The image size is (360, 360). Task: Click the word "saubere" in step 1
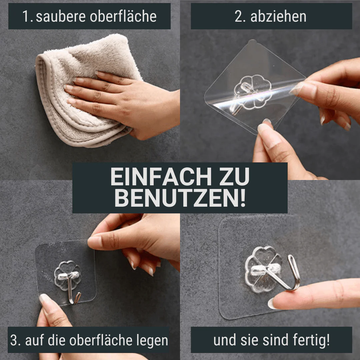coord(61,17)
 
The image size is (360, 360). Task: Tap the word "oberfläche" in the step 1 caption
coord(123,16)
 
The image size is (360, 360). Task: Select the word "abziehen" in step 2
coord(278,17)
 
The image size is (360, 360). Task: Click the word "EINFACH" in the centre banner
coord(161,176)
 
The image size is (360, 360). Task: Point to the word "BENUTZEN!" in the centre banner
coord(180,198)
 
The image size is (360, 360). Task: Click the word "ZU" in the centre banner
coord(234,176)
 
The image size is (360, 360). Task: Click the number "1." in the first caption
coord(28,17)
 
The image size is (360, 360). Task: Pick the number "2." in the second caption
coord(240,17)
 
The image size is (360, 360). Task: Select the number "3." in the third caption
coord(16,340)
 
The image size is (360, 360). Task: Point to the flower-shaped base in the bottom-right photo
coord(263,269)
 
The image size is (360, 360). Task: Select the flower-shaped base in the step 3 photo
coord(67,276)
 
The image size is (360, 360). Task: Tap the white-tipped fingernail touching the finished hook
coord(271,304)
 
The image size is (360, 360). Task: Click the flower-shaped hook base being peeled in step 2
coord(253,92)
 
